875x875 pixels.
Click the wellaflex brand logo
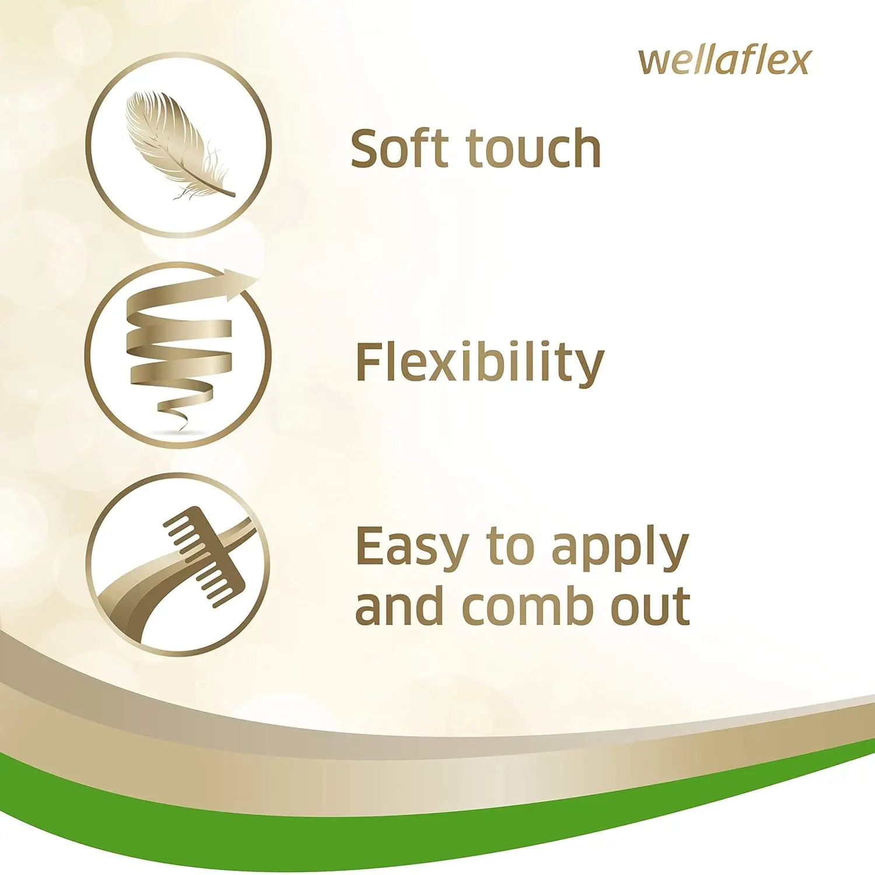724,62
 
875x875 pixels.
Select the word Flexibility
480,363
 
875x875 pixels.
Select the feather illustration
175,143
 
